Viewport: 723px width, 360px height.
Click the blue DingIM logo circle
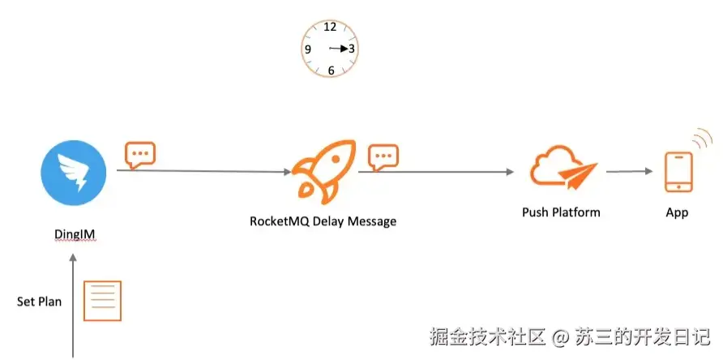pos(74,172)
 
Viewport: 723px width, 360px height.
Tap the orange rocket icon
pos(324,171)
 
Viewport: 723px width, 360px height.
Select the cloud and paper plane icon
pos(563,168)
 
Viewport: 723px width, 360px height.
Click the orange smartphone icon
pos(678,172)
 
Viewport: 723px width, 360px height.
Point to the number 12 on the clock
pos(330,27)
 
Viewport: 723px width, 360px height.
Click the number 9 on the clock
pos(308,49)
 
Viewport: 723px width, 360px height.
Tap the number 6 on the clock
pos(331,71)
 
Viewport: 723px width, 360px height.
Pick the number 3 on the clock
pos(351,49)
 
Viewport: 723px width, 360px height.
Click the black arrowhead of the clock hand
pos(344,49)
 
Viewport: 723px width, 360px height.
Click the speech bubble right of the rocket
pos(383,157)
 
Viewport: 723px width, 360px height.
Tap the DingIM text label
pos(75,234)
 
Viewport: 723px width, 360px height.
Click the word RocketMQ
pos(279,221)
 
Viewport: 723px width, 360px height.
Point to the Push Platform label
pos(561,212)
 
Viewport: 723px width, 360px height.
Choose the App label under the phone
pos(677,212)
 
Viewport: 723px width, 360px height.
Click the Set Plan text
pos(39,302)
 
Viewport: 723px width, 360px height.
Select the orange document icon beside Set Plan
pos(102,301)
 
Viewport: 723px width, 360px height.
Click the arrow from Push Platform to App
pos(630,172)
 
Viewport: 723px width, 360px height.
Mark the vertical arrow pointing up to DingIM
pos(72,305)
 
